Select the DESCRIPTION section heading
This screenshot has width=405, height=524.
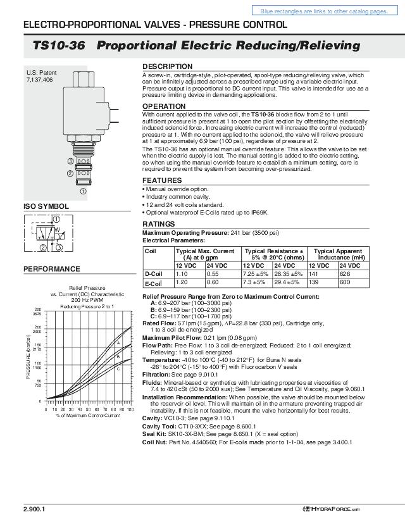pos(167,66)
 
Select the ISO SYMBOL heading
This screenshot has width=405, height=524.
pos(46,207)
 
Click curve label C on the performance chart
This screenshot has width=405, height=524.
pos(118,368)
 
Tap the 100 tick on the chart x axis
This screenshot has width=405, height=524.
pos(130,409)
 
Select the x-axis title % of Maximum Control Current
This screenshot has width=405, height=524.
pos(87,416)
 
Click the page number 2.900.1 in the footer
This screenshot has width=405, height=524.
pos(34,509)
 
